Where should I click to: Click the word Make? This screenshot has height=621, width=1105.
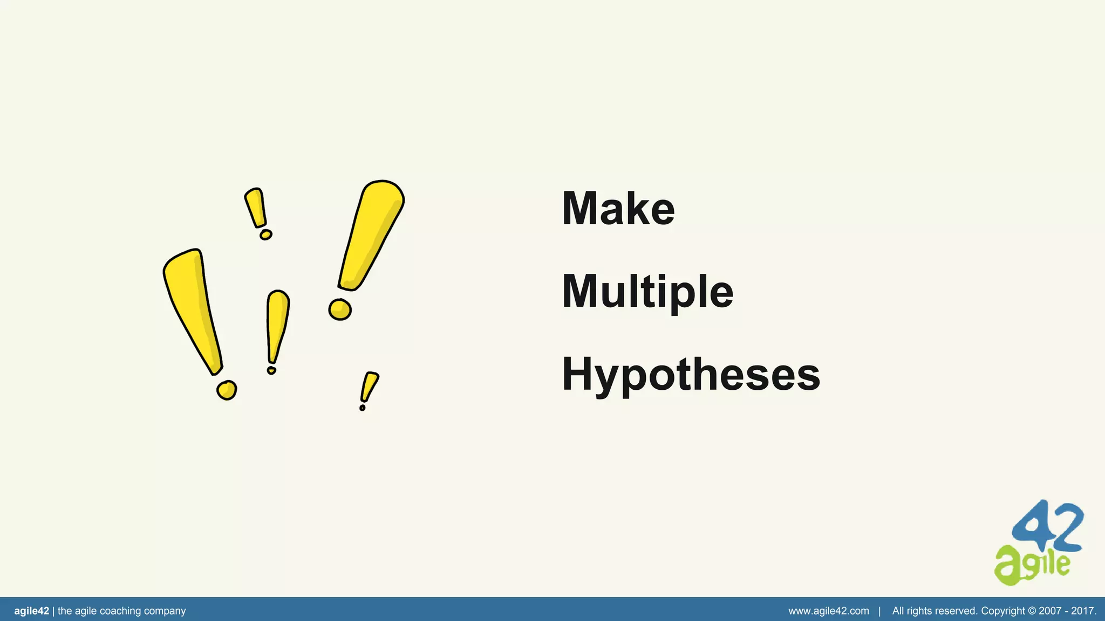click(618, 209)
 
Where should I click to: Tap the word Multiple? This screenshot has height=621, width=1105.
click(647, 292)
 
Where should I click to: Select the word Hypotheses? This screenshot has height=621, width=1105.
click(691, 375)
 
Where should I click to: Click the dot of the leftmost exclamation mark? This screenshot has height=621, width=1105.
click(227, 390)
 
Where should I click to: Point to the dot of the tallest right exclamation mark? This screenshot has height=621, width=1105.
click(340, 309)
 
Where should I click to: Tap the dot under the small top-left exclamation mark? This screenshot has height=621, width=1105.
click(265, 234)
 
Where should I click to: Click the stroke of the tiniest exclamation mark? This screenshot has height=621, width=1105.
click(370, 385)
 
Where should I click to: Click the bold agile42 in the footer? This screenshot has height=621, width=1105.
click(31, 611)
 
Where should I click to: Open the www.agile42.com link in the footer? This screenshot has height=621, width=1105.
click(828, 611)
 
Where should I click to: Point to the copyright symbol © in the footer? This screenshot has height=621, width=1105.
click(1032, 611)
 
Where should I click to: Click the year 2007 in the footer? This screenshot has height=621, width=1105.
click(1050, 611)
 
